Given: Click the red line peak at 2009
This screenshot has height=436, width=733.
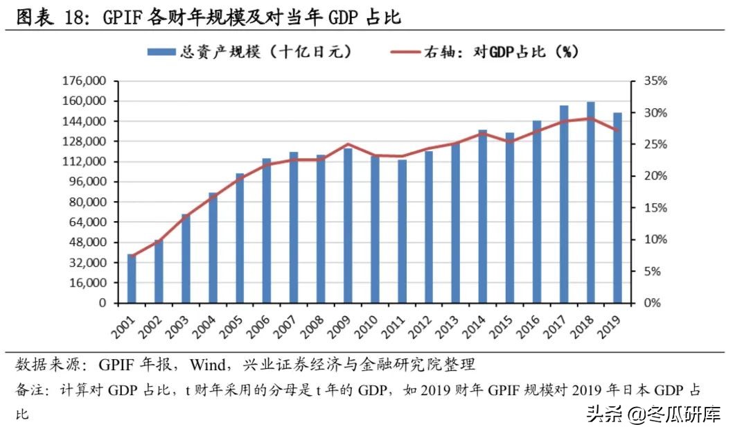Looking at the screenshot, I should [348, 144].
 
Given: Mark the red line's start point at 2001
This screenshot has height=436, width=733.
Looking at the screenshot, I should [132, 256].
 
